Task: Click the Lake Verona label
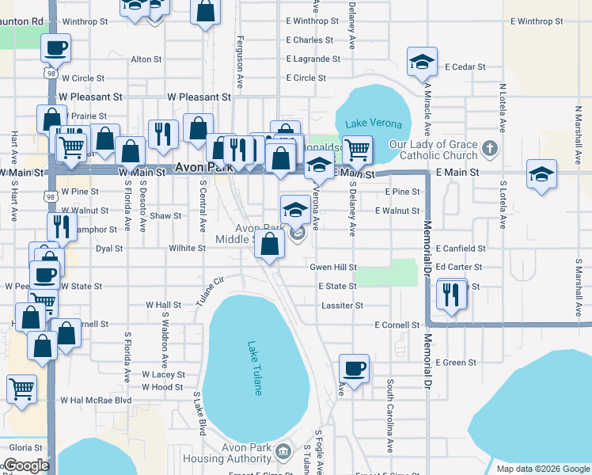click(374, 124)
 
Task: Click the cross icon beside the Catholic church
click(490, 148)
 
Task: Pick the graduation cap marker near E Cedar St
click(423, 63)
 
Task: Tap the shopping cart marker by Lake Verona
click(358, 149)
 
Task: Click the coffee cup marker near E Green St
click(355, 368)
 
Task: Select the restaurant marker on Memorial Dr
click(451, 294)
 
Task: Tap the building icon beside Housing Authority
click(283, 453)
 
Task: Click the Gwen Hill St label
click(333, 268)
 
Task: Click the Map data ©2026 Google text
click(543, 469)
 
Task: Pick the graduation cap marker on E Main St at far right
click(541, 175)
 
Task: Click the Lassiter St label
click(342, 305)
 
